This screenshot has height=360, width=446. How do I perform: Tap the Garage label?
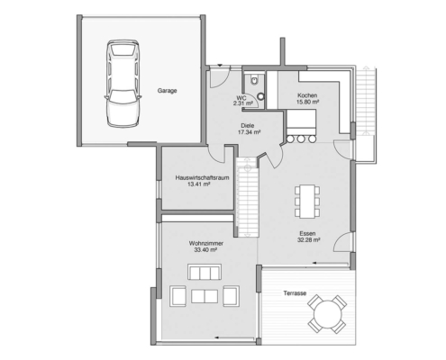pos(168,91)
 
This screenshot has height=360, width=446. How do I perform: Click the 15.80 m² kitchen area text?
pos(307,102)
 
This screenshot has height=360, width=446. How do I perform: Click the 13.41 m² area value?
pos(199,185)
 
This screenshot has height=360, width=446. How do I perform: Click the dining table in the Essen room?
pos(308,200)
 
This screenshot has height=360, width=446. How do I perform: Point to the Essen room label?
pos(308,233)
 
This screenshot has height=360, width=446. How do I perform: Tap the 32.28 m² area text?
pos(308,240)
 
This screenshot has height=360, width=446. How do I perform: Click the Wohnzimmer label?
pos(205,243)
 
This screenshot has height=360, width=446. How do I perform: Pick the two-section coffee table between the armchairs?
pos(204,272)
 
